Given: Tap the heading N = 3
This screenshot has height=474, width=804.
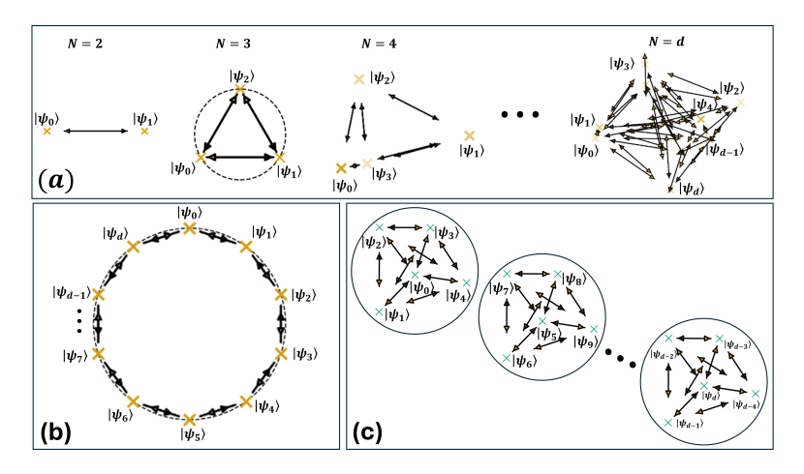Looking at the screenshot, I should (x=239, y=44).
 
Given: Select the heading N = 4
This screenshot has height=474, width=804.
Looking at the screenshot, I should (x=379, y=44).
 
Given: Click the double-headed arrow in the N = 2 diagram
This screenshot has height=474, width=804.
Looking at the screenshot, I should (x=96, y=130).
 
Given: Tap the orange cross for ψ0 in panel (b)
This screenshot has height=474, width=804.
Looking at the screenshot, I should (x=189, y=228).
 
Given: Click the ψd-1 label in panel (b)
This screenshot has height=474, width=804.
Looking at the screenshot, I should (x=73, y=292).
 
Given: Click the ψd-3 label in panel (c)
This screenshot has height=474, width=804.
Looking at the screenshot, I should (x=737, y=343).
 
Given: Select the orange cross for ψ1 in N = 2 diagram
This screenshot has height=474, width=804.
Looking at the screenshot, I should (x=144, y=130).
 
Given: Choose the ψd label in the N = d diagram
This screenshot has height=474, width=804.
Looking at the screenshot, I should (x=691, y=188).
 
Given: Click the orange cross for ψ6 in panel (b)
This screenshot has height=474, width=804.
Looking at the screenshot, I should (x=133, y=399).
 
